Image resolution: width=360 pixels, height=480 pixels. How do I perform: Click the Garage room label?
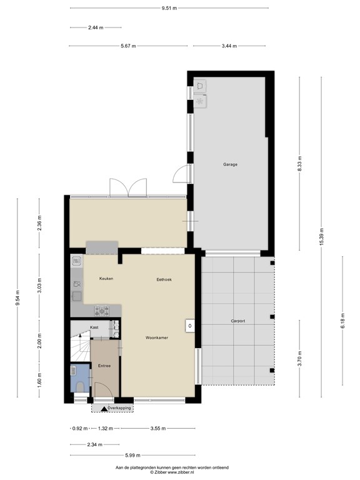click(x=231, y=164)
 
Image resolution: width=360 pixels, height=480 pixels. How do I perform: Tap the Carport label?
click(x=238, y=321)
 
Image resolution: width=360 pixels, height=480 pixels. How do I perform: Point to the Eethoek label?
click(x=164, y=279)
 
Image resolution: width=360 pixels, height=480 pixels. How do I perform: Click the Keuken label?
click(x=106, y=278)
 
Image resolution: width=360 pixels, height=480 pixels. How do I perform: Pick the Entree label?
click(x=104, y=366)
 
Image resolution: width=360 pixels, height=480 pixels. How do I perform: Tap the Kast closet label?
click(x=94, y=327)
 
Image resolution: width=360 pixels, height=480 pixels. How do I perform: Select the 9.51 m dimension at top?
click(x=169, y=8)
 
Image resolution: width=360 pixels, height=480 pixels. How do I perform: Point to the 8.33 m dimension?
click(x=300, y=164)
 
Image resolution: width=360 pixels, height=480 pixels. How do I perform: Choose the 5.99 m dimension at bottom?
click(x=131, y=454)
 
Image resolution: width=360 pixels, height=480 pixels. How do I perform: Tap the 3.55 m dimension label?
click(x=159, y=429)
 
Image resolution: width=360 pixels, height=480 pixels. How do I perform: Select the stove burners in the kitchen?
click(x=101, y=309)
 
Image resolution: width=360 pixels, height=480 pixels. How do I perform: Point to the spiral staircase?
click(x=79, y=349)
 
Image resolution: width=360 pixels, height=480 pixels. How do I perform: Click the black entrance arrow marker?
click(x=102, y=408)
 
